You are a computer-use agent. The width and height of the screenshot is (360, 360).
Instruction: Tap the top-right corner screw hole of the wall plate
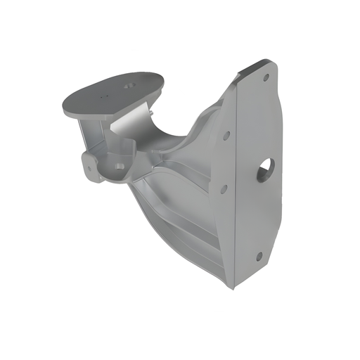pos(266,77)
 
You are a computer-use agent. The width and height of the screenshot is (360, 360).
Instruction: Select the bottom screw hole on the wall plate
pos(258,256)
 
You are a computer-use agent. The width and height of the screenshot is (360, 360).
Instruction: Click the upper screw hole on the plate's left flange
pos(226,134)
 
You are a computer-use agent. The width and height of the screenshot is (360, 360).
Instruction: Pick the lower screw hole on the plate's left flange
pos(223,188)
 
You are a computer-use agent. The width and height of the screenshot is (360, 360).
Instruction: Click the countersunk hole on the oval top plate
pos(128,85)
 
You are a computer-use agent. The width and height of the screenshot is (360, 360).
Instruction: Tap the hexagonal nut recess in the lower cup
pos(120,166)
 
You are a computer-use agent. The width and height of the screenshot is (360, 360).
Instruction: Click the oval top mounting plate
pos(112,95)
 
